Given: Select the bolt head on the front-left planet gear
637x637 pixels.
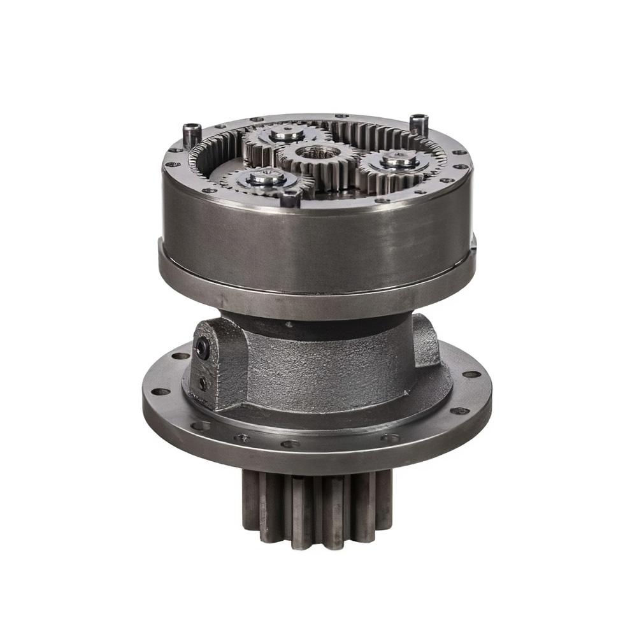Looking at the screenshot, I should [x=264, y=178].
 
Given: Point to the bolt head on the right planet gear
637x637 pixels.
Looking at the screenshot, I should [x=399, y=161].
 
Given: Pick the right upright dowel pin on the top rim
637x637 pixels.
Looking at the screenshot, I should [x=419, y=123].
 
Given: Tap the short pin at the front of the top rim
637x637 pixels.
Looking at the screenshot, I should [x=290, y=199].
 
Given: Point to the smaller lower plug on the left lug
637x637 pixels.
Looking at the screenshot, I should [x=203, y=383].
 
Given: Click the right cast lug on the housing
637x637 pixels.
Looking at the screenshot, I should [x=426, y=341].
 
